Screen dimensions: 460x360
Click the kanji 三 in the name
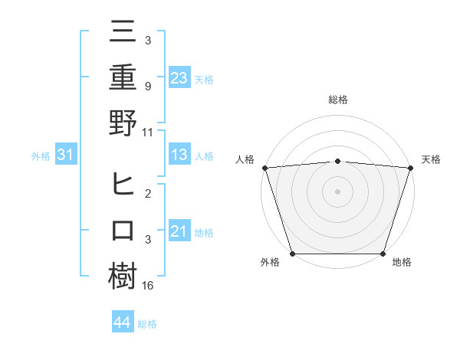123,32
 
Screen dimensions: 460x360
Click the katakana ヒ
123,186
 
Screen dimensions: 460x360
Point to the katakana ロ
123,231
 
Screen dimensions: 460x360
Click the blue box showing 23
179,77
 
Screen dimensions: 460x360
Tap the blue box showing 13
179,155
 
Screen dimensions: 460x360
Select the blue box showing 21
179,232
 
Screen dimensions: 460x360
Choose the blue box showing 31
67,155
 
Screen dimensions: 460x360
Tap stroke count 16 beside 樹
149,285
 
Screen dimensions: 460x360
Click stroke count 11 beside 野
148,131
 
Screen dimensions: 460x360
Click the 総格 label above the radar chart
337,100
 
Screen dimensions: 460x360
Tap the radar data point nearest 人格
264,168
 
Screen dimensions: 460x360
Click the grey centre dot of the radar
337,191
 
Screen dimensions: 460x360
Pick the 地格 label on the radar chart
402,262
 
